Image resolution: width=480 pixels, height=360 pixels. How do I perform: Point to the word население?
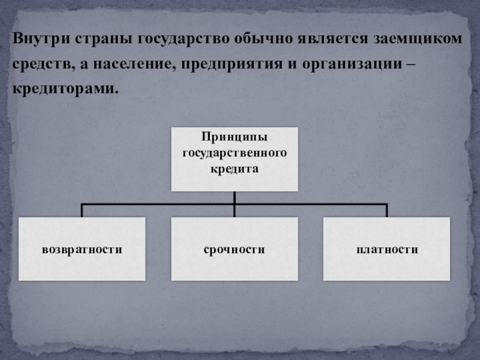(128, 64)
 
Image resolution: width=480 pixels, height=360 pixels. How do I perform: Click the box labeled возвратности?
(82, 248)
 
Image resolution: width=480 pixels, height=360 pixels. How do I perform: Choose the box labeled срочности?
(234, 248)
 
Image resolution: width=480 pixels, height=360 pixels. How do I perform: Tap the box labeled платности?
(386, 248)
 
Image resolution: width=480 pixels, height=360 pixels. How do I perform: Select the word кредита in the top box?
(234, 169)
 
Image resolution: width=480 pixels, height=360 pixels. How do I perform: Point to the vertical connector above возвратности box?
(82, 210)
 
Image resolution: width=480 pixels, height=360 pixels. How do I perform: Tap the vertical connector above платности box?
(386, 210)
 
